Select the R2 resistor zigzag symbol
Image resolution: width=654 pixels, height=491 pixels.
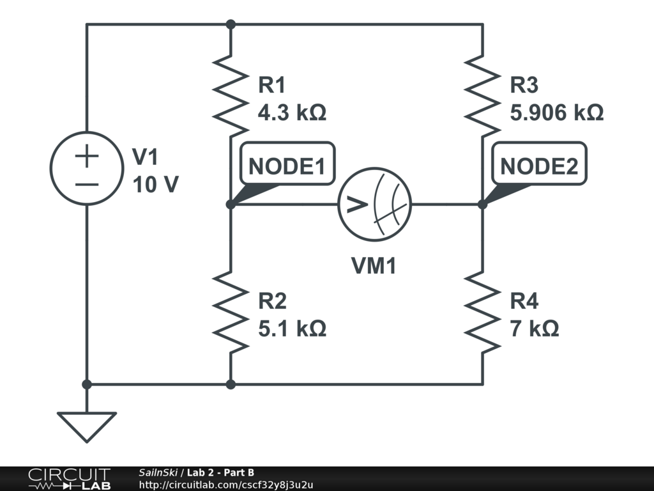(231, 312)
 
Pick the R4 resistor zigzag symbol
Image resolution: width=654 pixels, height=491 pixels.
(482, 312)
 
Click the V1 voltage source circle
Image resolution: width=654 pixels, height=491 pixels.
(86, 168)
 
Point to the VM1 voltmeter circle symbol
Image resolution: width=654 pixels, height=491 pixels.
(374, 205)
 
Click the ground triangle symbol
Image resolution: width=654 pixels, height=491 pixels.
(86, 426)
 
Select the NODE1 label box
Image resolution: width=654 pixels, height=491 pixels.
(287, 166)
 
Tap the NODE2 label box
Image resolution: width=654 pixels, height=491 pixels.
(539, 166)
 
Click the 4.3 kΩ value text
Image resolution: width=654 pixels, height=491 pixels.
(292, 113)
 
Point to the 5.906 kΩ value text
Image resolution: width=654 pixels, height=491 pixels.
(557, 113)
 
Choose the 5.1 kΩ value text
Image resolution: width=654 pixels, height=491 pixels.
(292, 329)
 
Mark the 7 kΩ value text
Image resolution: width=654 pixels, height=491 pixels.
(535, 329)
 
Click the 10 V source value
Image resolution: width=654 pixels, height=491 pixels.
(156, 185)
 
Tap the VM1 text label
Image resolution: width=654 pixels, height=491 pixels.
(374, 266)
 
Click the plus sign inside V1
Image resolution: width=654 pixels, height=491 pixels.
(87, 156)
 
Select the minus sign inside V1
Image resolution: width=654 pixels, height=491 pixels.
(87, 184)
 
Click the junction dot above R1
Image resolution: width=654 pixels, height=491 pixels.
(231, 24)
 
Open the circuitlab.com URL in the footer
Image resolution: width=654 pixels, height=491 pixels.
(226, 485)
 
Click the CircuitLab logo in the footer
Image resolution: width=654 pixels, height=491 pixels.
(68, 479)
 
